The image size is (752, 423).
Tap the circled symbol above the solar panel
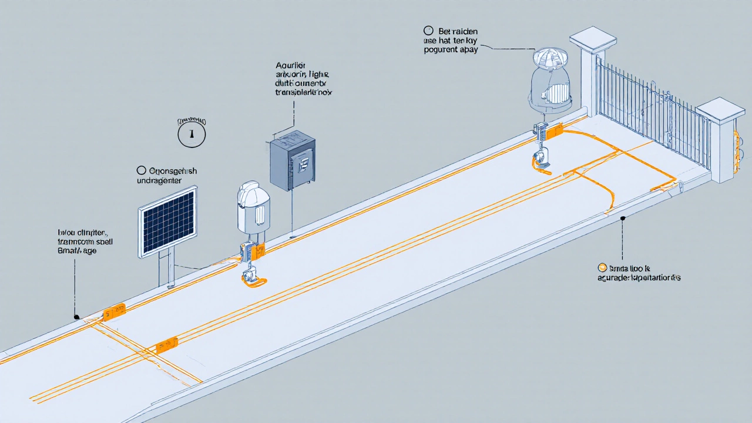(192, 135)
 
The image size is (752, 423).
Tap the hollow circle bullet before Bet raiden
(428, 30)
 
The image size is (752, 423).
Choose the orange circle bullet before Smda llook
(602, 267)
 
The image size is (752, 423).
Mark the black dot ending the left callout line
(76, 317)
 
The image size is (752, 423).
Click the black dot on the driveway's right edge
(622, 219)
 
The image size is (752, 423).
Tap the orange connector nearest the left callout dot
(113, 311)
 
